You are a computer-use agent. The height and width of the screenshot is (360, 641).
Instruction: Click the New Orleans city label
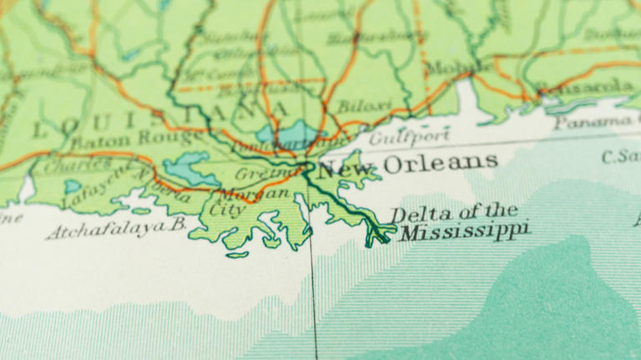coord(407,164)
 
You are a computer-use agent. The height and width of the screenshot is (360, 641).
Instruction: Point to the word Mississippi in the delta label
coord(464,230)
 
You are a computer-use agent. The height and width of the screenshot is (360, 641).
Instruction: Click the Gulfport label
coord(409,135)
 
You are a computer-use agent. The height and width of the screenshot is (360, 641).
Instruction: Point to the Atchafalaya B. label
coord(115,226)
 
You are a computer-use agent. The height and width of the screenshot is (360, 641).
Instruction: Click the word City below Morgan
coord(228,209)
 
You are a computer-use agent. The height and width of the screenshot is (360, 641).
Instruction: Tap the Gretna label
coord(253,175)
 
